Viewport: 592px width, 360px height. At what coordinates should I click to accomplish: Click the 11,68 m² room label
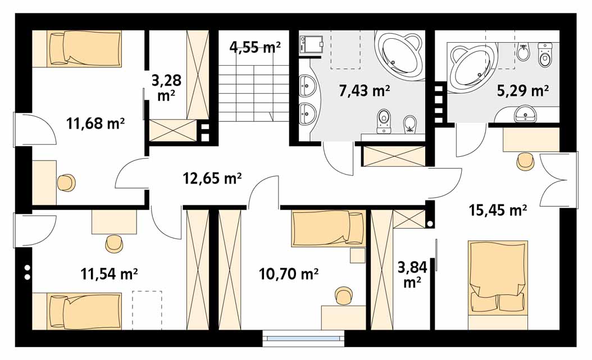[x=95, y=123]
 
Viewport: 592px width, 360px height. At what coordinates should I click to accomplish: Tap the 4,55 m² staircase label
[x=255, y=47]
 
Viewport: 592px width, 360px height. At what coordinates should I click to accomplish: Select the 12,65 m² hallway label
[x=212, y=177]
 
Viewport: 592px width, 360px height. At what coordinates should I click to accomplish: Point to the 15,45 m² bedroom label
[x=498, y=210]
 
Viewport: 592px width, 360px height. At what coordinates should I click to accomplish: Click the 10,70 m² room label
[x=289, y=274]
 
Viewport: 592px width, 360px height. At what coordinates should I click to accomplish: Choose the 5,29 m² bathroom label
[x=523, y=90]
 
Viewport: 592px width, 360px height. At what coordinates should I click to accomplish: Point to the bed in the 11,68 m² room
[x=85, y=49]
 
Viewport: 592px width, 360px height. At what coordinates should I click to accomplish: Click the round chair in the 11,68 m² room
[x=66, y=183]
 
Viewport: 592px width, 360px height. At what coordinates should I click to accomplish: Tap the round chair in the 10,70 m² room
[x=344, y=296]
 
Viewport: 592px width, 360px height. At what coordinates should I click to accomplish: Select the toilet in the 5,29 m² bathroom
[x=544, y=54]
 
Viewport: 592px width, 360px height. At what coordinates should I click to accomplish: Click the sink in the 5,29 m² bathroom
[x=525, y=114]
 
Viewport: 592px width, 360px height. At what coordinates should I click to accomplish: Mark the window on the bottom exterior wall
[x=304, y=339]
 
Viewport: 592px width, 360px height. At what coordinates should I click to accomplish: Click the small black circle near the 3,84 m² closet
[x=430, y=224]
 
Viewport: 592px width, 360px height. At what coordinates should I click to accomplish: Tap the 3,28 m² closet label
[x=166, y=88]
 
